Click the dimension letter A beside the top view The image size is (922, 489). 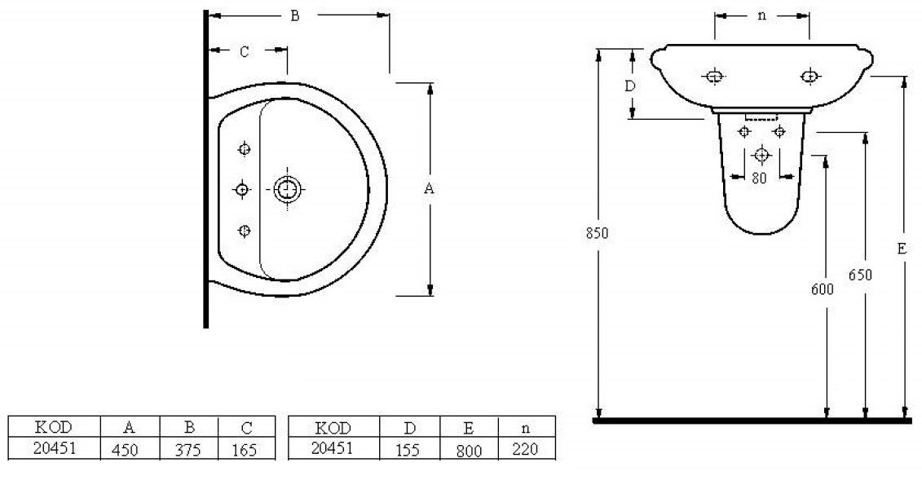pos(429,188)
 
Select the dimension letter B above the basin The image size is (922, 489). pos(295,15)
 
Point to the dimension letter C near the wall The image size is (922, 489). pos(245,51)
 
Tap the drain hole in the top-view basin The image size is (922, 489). pos(287,189)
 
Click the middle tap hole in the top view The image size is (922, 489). pos(241,189)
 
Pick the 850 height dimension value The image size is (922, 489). pos(597,233)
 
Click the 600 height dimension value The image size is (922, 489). pos(822,289)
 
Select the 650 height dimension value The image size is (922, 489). pos(860,275)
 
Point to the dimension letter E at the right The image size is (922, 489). pos(902,249)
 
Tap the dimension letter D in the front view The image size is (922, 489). pos(630,86)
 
